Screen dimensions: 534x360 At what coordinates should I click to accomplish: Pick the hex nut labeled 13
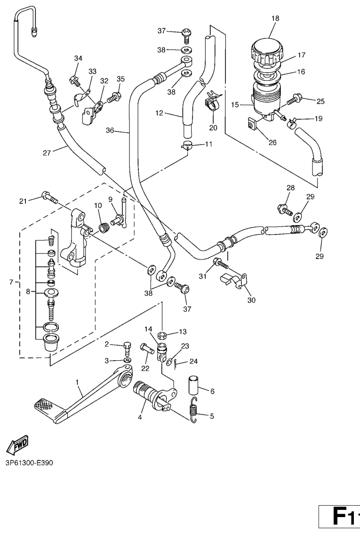(x=162, y=336)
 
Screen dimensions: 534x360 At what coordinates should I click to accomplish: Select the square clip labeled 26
(x=251, y=125)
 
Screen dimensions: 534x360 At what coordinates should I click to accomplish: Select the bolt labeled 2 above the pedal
(x=127, y=349)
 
